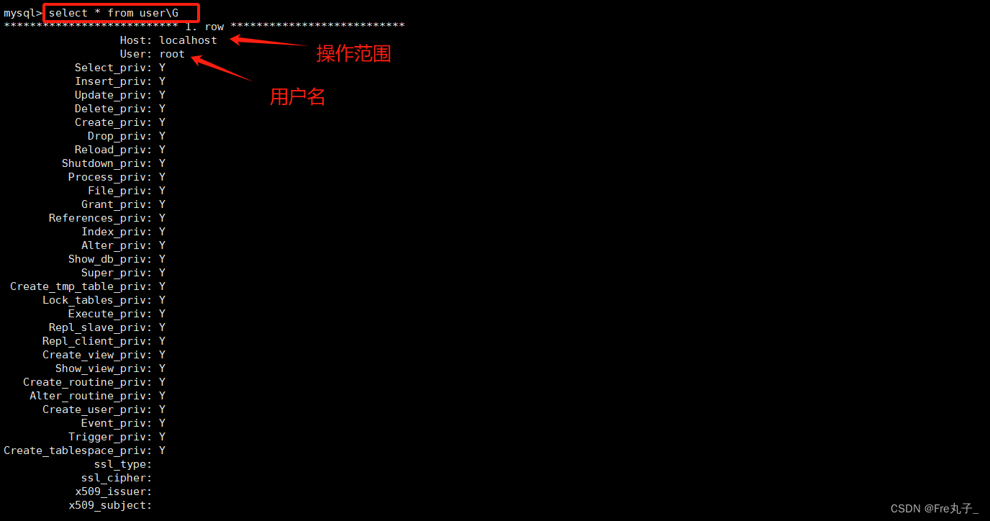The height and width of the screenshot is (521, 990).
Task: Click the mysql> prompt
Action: coord(22,13)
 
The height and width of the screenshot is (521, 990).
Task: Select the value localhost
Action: coord(188,40)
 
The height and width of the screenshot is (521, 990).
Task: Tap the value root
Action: coord(172,54)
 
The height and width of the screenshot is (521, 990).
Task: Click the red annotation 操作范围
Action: coord(353,54)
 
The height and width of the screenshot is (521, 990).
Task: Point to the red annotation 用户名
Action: coord(297,97)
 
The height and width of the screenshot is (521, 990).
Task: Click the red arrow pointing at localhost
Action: coord(268,42)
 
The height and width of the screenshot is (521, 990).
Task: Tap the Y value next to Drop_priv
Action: coord(163,136)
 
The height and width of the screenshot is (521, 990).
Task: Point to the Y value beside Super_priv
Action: coord(163,273)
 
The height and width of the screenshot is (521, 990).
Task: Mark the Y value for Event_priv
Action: coord(163,423)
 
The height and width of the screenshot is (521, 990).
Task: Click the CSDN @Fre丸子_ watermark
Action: coord(934,509)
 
